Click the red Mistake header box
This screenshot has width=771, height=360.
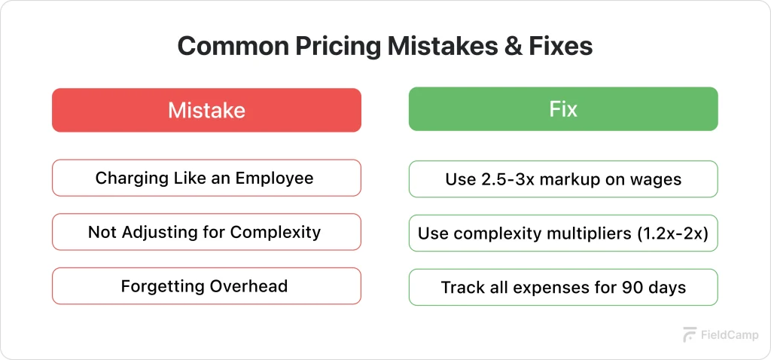point(206,111)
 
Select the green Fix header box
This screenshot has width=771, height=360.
point(563,109)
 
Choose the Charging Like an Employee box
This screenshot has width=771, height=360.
point(206,178)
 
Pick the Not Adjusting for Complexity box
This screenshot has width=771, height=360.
point(206,232)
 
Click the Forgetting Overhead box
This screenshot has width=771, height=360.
point(206,286)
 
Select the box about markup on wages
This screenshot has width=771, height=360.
point(563,179)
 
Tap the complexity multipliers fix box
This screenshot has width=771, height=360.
point(563,233)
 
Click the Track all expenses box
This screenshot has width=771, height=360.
point(563,288)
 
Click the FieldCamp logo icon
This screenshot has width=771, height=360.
point(689,335)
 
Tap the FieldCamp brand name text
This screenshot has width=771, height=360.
point(730,335)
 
